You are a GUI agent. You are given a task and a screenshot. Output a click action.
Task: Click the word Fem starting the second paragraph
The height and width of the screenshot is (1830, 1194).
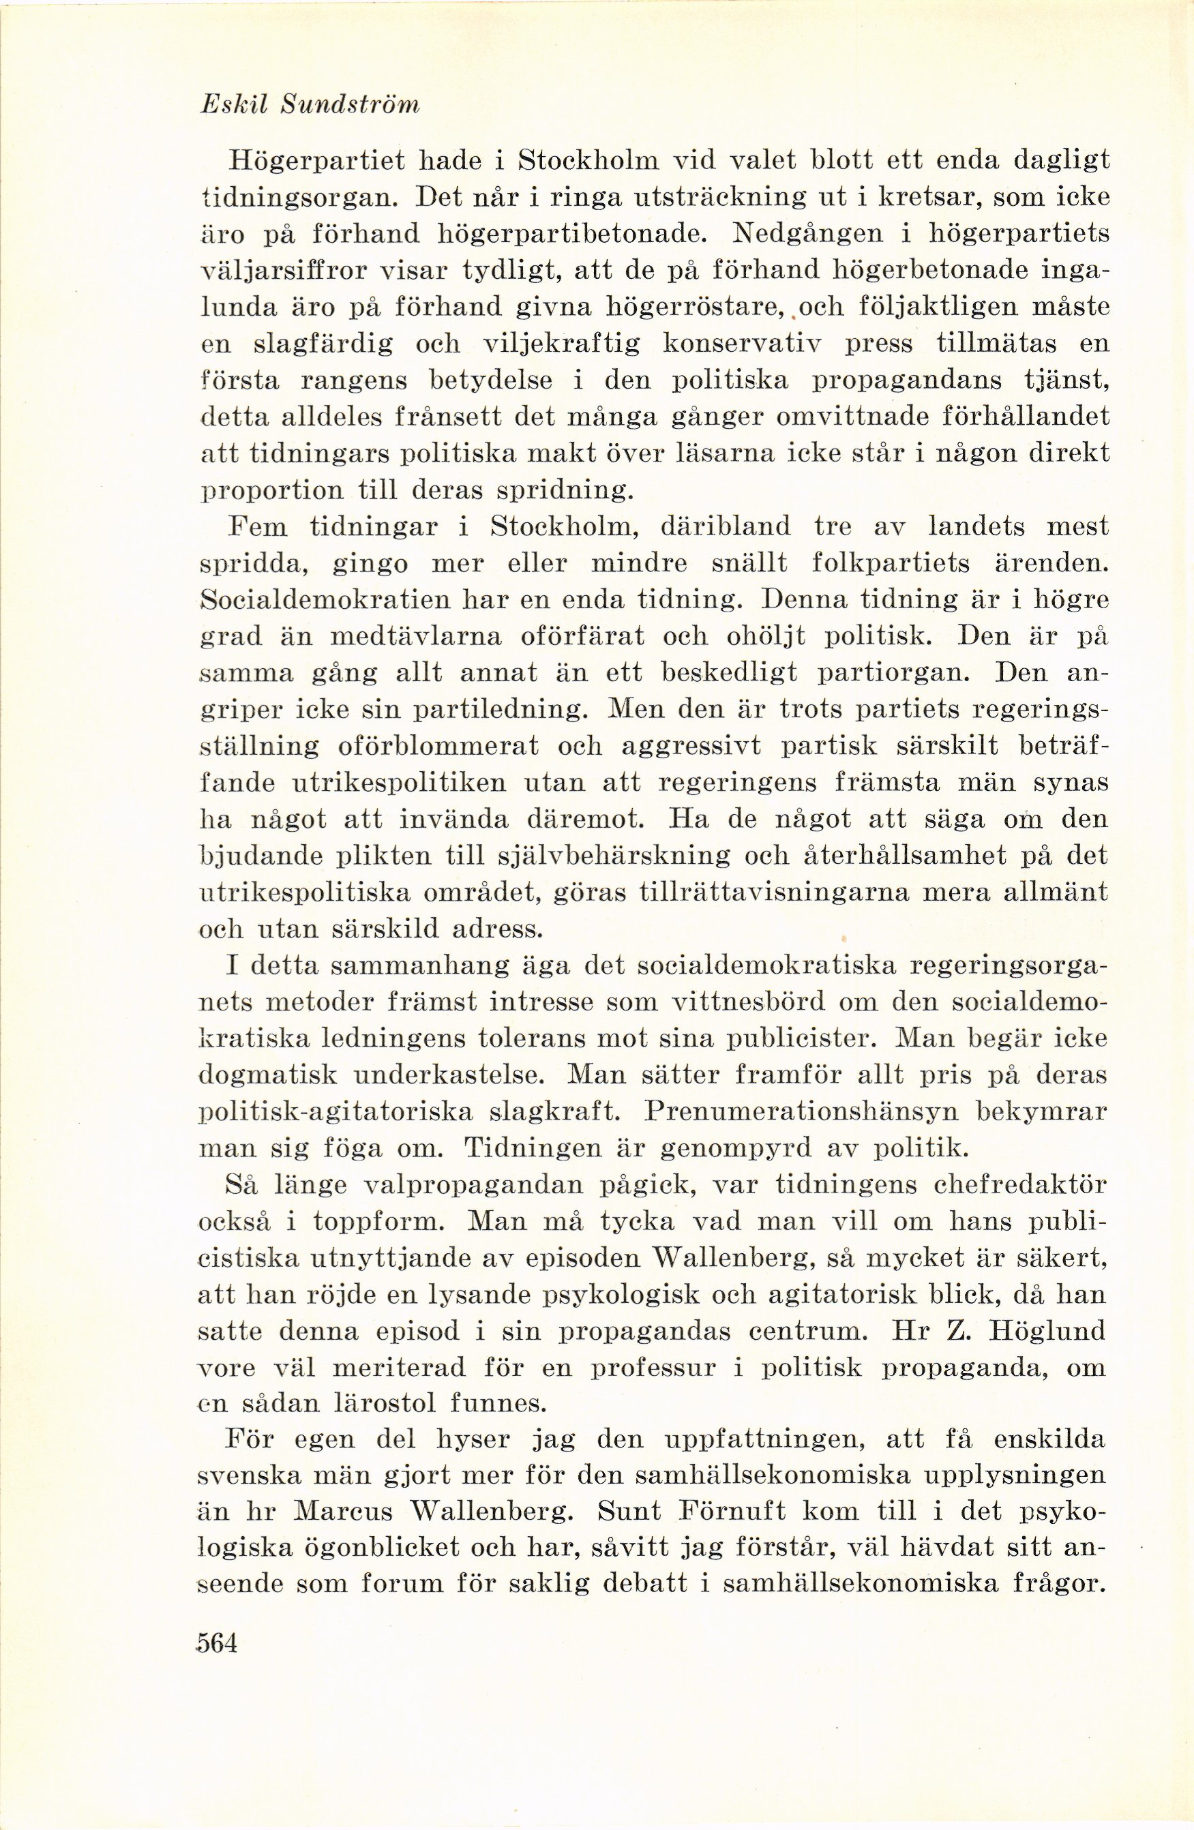[x=258, y=528]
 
